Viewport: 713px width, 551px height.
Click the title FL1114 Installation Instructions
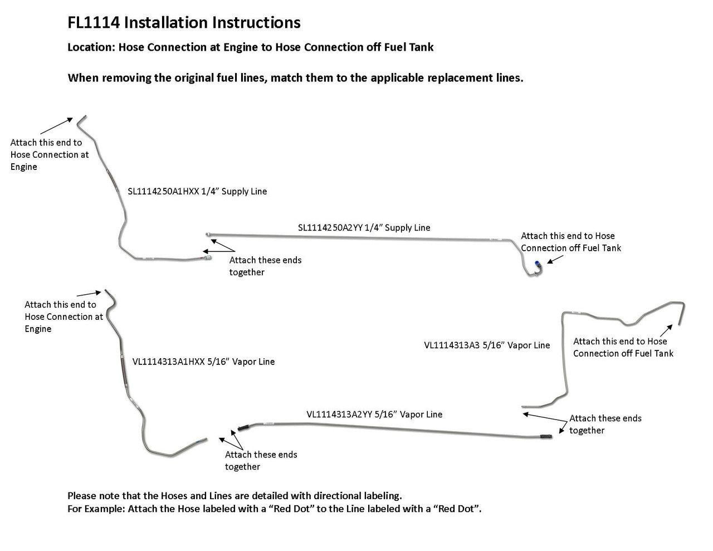184,22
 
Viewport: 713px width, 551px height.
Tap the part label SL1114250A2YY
330,227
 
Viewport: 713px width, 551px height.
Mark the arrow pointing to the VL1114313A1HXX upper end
88,294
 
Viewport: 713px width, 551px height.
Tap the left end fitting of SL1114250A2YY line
208,235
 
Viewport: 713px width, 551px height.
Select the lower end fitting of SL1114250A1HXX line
207,257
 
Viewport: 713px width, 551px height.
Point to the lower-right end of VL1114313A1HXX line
204,440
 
